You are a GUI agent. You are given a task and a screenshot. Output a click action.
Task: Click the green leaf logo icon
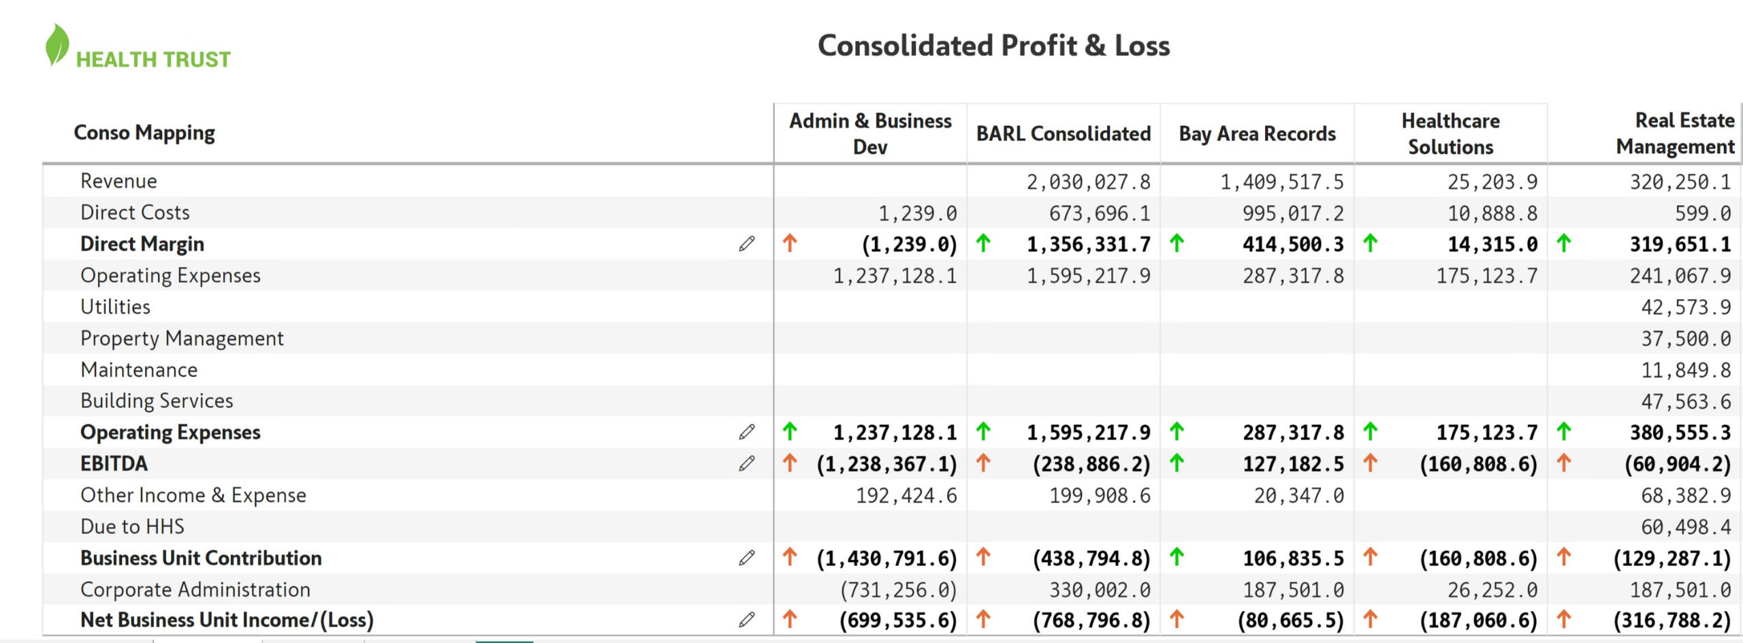(x=57, y=45)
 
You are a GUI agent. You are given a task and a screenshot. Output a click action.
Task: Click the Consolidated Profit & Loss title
(x=993, y=46)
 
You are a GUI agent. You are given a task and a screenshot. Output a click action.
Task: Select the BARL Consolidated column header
(x=1064, y=134)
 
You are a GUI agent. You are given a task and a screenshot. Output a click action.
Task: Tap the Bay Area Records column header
(x=1257, y=134)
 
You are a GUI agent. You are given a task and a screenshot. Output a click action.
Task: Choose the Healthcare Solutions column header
(x=1450, y=134)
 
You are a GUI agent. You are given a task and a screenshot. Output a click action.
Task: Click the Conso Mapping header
(x=144, y=132)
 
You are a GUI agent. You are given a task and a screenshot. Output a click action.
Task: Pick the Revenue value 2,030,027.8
(x=1088, y=182)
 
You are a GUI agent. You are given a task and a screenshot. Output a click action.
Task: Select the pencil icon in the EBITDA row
(x=747, y=464)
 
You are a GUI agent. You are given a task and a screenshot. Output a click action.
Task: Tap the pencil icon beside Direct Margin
(x=747, y=244)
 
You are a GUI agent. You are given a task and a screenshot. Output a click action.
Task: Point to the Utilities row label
(x=115, y=307)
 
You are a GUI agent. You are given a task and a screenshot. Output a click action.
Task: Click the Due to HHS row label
(x=132, y=527)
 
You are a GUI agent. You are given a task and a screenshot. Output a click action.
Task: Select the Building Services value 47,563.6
(x=1686, y=401)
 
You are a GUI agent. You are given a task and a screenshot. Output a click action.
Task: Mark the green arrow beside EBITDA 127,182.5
(x=1177, y=463)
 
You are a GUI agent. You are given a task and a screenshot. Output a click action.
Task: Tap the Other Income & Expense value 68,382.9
(x=1686, y=495)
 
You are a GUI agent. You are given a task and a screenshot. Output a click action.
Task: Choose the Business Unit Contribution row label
(x=201, y=558)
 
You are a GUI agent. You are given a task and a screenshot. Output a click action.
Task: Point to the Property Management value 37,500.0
(x=1686, y=339)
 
